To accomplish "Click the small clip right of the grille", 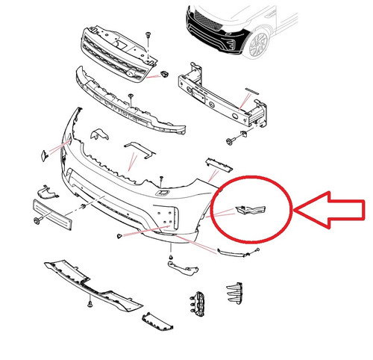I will click(x=163, y=74).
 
